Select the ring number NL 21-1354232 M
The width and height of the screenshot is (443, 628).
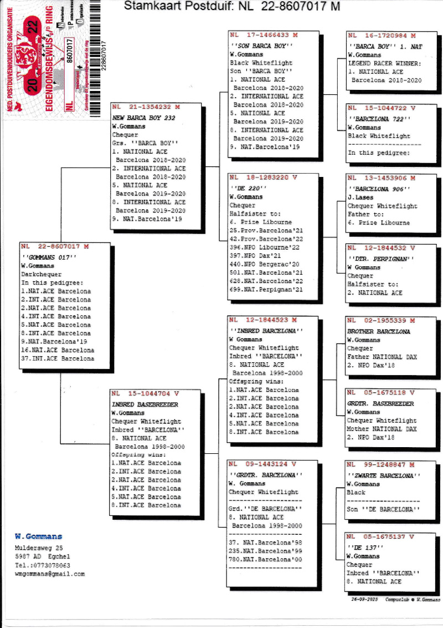(146, 106)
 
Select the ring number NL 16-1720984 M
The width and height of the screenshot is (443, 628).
(382, 36)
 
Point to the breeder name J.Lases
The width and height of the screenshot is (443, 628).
(360, 197)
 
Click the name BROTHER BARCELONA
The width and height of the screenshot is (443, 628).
(378, 332)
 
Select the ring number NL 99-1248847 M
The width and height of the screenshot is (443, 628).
(381, 465)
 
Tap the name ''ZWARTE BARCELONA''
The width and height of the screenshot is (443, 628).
(384, 476)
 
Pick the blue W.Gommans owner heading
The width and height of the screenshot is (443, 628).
(38, 536)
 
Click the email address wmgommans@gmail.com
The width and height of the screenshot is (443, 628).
(50, 574)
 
